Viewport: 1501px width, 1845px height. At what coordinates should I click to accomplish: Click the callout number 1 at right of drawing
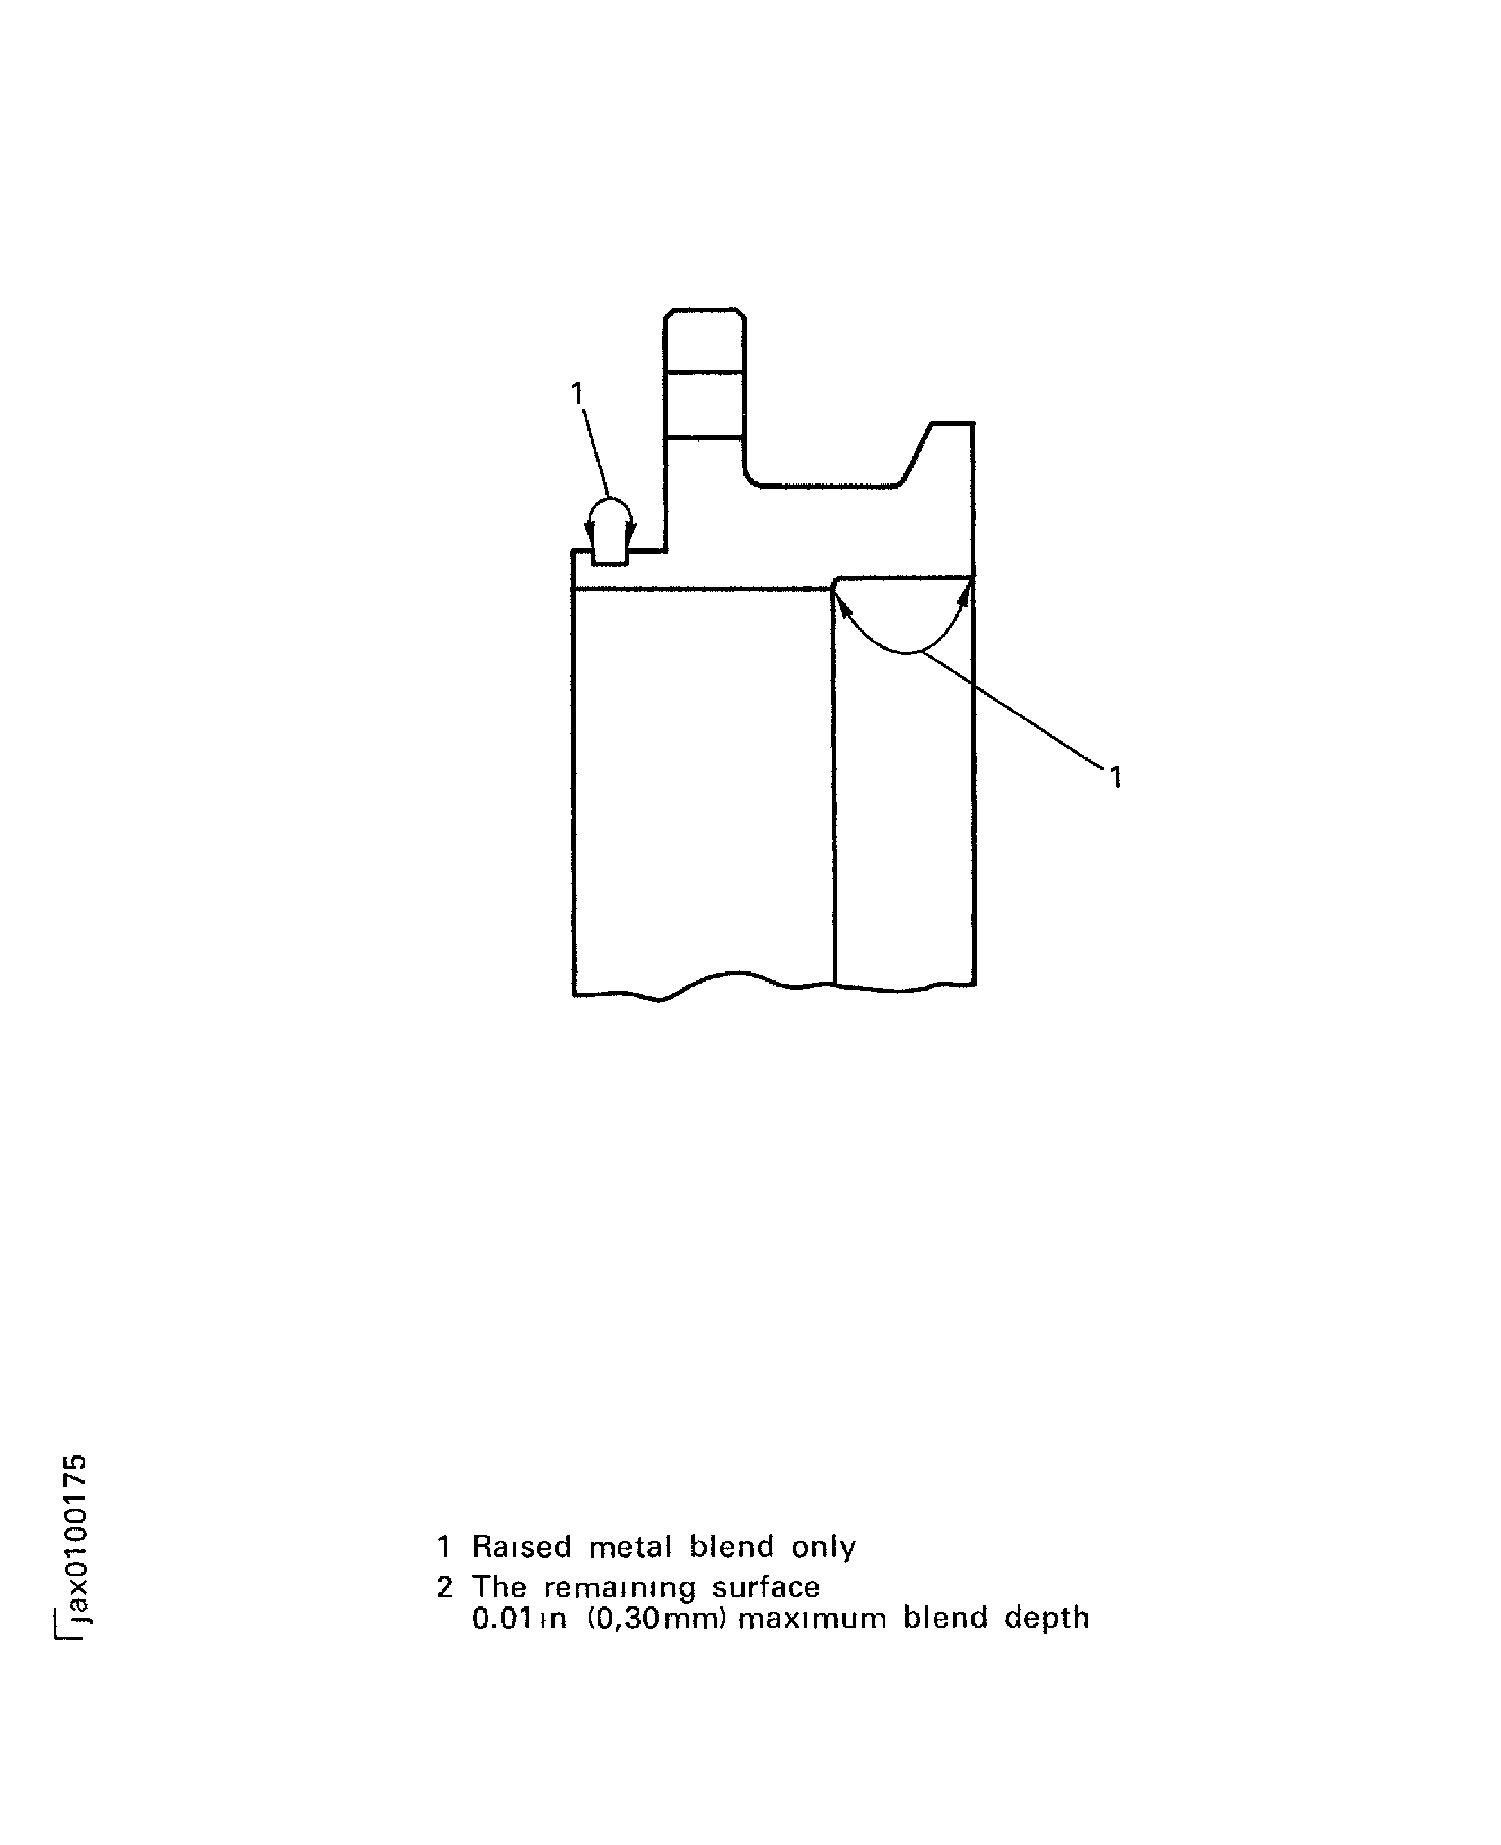(x=1115, y=777)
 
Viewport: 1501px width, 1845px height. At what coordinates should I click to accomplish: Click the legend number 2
(x=444, y=1587)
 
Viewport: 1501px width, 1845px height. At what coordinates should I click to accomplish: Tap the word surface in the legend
(x=766, y=1587)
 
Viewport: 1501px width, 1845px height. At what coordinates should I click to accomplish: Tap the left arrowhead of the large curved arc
(x=841, y=602)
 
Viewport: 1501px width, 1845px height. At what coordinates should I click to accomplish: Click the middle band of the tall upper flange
(x=704, y=405)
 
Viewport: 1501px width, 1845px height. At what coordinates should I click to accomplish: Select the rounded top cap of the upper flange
(x=704, y=340)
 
